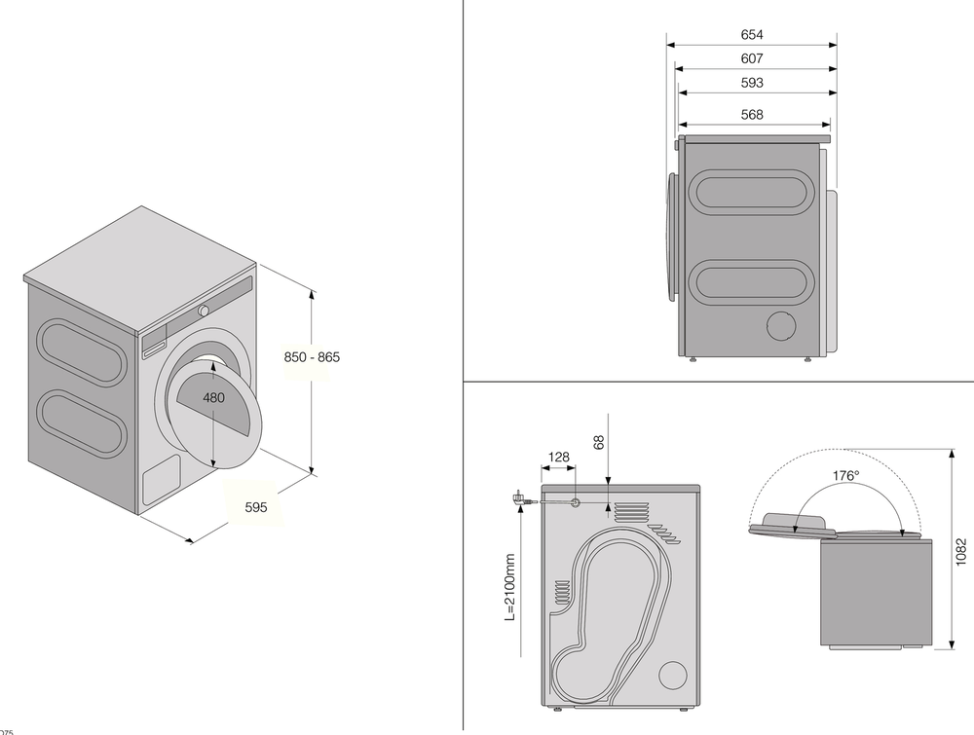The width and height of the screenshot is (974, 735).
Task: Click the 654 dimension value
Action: click(x=751, y=35)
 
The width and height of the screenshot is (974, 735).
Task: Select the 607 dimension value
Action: click(x=751, y=59)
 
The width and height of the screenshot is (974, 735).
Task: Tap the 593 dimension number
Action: click(x=751, y=84)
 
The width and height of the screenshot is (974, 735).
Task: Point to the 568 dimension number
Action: click(x=751, y=115)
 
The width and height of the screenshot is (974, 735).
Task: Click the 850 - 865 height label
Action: click(x=312, y=357)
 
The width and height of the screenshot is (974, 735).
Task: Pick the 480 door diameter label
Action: click(x=215, y=398)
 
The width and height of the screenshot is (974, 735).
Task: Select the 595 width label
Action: click(x=256, y=507)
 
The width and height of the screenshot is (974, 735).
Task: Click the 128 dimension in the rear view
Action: click(x=558, y=457)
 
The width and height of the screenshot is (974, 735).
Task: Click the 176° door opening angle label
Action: click(x=845, y=477)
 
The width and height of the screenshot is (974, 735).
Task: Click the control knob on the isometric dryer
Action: click(x=204, y=311)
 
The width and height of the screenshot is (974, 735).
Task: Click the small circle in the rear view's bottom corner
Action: click(x=671, y=675)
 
